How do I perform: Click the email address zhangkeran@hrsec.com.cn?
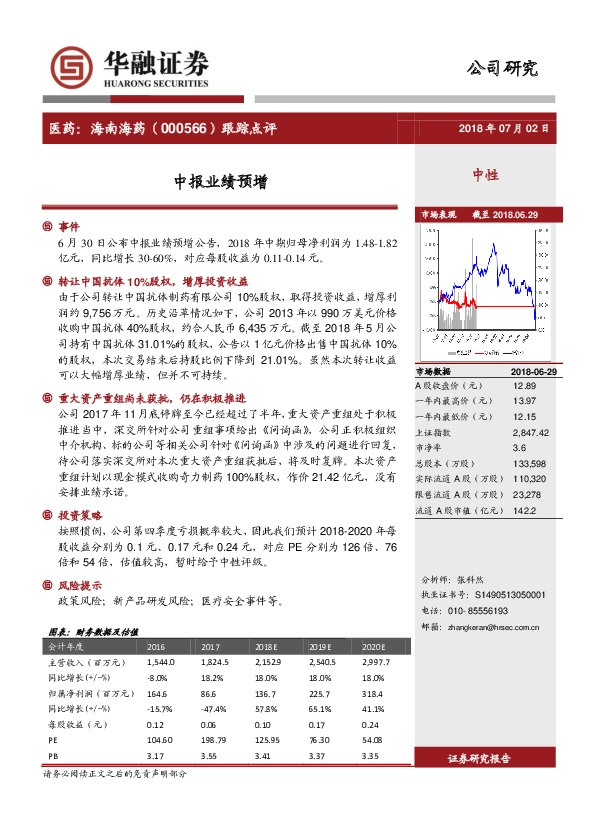tap(509, 627)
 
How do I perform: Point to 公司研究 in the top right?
tap(502, 69)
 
